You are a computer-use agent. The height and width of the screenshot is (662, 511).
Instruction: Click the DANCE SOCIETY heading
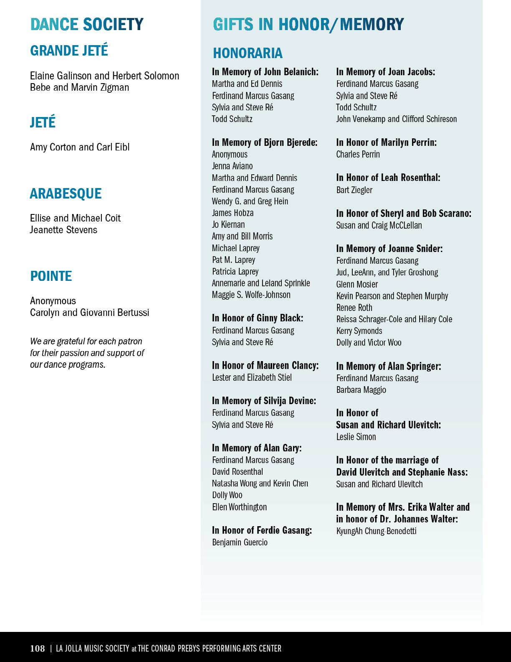point(87,24)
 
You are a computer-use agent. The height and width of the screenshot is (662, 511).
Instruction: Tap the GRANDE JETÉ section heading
point(69,51)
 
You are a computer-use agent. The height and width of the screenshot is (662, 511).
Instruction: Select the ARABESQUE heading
point(66,194)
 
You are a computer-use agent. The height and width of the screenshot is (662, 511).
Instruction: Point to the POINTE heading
point(51,276)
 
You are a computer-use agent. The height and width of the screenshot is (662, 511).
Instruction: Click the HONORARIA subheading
point(248,53)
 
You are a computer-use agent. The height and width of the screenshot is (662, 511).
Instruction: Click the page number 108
point(37,648)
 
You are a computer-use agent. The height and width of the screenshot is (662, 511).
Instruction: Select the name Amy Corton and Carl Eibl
point(80,147)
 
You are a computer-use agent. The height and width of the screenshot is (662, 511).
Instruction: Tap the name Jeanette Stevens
point(63,230)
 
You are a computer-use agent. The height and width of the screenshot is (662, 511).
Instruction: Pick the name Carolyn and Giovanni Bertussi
point(89,313)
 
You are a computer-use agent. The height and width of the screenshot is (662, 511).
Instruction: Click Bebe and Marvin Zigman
point(79,87)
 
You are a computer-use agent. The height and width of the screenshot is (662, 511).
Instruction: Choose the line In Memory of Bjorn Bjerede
point(265,143)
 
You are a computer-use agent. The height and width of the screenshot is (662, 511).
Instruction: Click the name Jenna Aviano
point(232,166)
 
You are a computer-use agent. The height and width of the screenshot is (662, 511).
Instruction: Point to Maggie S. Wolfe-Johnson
point(251,295)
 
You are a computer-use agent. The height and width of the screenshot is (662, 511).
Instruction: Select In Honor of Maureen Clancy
point(265,365)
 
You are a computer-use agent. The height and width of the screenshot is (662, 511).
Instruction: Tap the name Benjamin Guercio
point(240,542)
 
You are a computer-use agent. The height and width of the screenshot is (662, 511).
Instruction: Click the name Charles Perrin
point(358,154)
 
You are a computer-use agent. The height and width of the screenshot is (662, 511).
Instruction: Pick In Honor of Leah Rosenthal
point(388,178)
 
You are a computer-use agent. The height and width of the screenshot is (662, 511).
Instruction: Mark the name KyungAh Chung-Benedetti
point(376,531)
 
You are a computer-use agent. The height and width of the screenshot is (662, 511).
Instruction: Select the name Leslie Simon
point(356,437)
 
